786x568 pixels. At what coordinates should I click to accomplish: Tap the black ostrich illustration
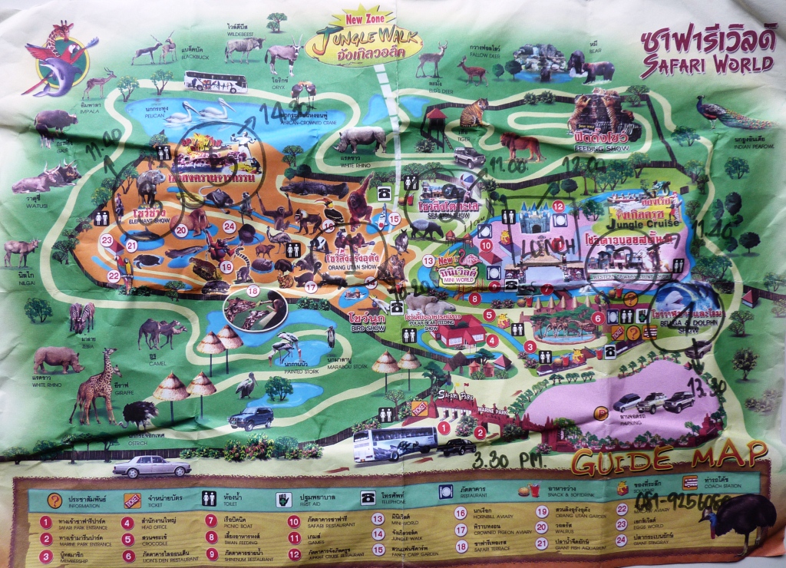[x=138, y=415]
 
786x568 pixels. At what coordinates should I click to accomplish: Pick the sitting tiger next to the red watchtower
[x=473, y=114]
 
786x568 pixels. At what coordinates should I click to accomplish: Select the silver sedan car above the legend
[x=151, y=466]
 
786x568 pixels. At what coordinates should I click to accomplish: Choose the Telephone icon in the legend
[x=365, y=499]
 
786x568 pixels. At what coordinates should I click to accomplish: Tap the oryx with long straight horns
[x=284, y=55]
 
